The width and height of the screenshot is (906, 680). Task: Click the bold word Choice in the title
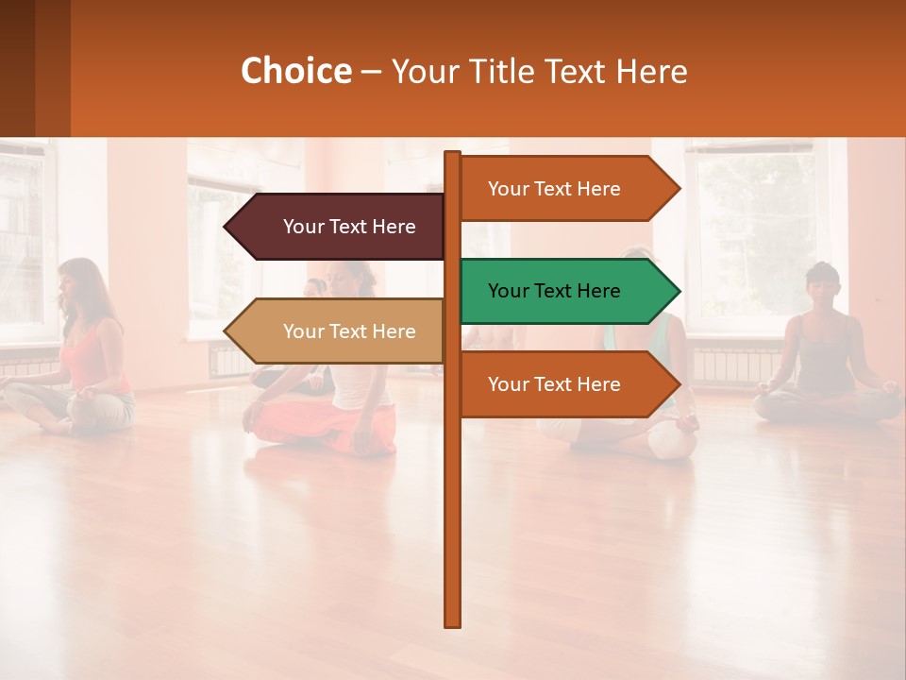[x=295, y=72]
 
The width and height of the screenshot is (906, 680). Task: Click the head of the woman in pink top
[x=78, y=281]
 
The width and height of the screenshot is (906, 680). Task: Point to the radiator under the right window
[x=736, y=364]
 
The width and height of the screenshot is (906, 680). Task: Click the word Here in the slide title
[x=651, y=72]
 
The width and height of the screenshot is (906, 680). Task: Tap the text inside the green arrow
[x=554, y=291]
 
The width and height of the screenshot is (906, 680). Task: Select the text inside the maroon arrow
[x=349, y=227]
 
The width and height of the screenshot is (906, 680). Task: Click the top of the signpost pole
[x=453, y=157]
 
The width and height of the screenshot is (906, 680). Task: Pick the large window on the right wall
[x=755, y=236]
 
